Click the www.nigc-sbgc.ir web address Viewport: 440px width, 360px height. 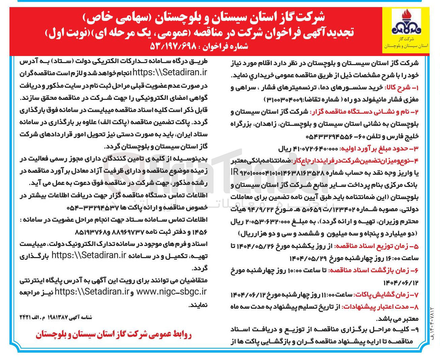tap(171, 292)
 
